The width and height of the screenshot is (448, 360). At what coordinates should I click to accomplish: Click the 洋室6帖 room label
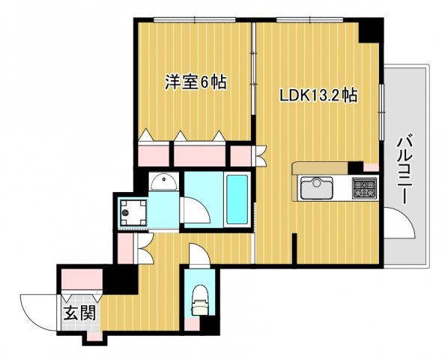(x=196, y=82)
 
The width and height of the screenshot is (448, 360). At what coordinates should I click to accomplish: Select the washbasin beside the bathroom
(x=162, y=181)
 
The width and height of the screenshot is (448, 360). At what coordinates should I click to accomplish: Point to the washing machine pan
(x=132, y=211)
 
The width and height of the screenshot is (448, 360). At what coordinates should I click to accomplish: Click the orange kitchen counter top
(x=322, y=167)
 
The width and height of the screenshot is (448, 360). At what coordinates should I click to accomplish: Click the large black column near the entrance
(x=120, y=280)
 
